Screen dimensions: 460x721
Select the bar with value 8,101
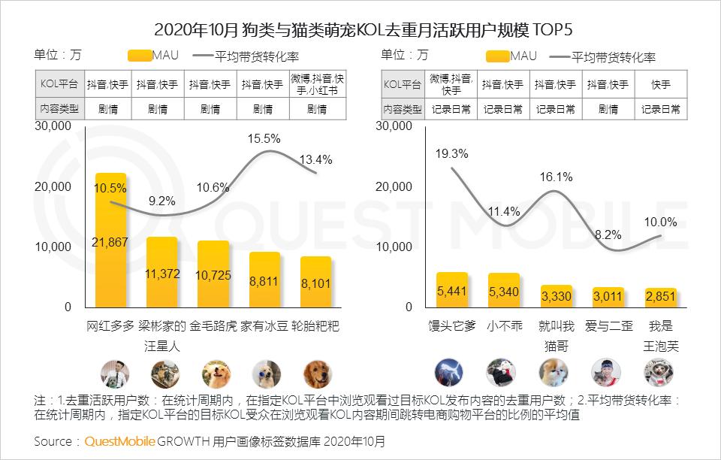[315, 282]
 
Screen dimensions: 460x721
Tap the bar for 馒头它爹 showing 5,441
[451, 289]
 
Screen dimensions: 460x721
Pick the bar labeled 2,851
[661, 298]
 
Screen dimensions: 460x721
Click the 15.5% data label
[264, 138]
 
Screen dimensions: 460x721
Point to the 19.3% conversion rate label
[451, 154]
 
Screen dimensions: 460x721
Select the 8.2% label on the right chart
[608, 235]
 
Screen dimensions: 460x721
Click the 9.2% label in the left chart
[161, 201]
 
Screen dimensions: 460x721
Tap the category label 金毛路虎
[213, 327]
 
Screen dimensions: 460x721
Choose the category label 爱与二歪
[608, 327]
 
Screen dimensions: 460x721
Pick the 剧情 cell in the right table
[608, 109]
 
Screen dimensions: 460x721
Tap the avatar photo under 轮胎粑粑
[317, 374]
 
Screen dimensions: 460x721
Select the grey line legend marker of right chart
[559, 56]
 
